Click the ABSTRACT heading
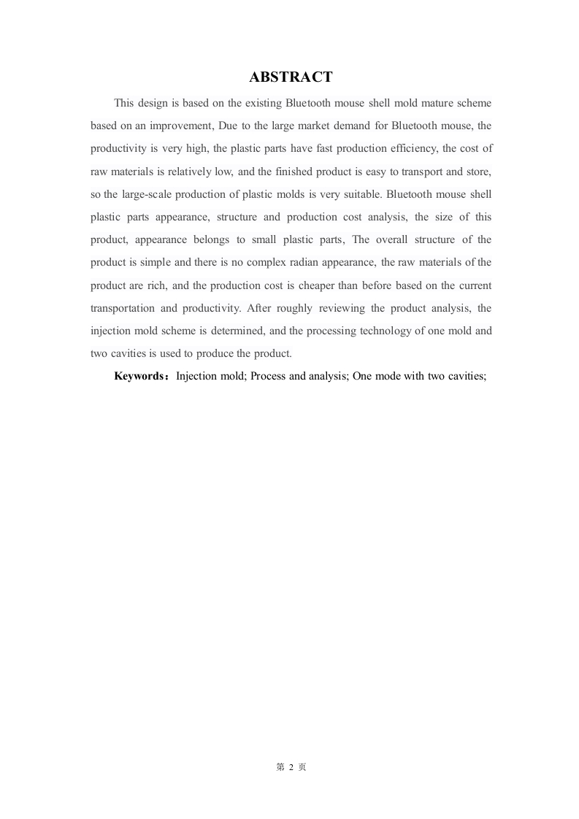[291, 77]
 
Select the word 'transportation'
[123, 308]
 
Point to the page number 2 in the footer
[291, 767]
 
